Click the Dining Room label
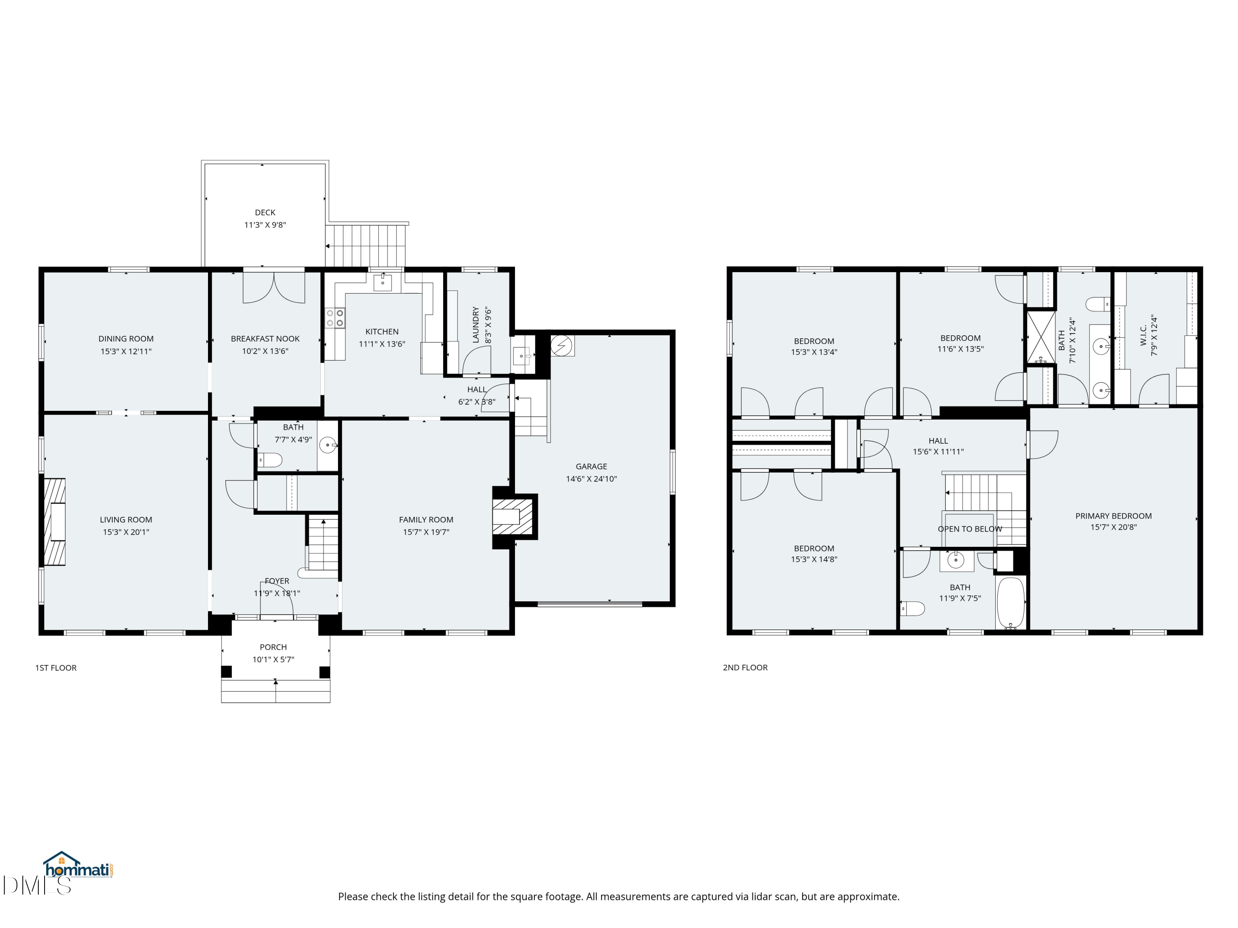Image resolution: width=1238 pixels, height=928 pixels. pyautogui.click(x=126, y=339)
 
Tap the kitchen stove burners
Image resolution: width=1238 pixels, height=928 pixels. pyautogui.click(x=335, y=318)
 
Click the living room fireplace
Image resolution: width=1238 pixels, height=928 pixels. pyautogui.click(x=55, y=521)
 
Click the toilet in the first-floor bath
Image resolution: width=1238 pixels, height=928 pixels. pyautogui.click(x=270, y=460)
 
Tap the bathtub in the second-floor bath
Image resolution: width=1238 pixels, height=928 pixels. pyautogui.click(x=1011, y=603)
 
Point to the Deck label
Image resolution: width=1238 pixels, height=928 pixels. pyautogui.click(x=265, y=212)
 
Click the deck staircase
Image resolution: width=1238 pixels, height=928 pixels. pyautogui.click(x=366, y=245)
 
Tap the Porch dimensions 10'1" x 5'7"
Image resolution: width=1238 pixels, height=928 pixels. pyautogui.click(x=273, y=659)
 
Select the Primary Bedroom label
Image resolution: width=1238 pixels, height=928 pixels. pyautogui.click(x=1113, y=516)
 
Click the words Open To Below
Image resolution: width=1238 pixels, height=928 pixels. pyautogui.click(x=970, y=529)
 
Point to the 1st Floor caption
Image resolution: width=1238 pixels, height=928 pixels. pyautogui.click(x=56, y=667)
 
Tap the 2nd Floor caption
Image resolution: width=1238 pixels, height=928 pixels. pyautogui.click(x=745, y=667)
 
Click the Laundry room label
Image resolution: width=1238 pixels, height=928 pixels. pyautogui.click(x=476, y=325)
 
